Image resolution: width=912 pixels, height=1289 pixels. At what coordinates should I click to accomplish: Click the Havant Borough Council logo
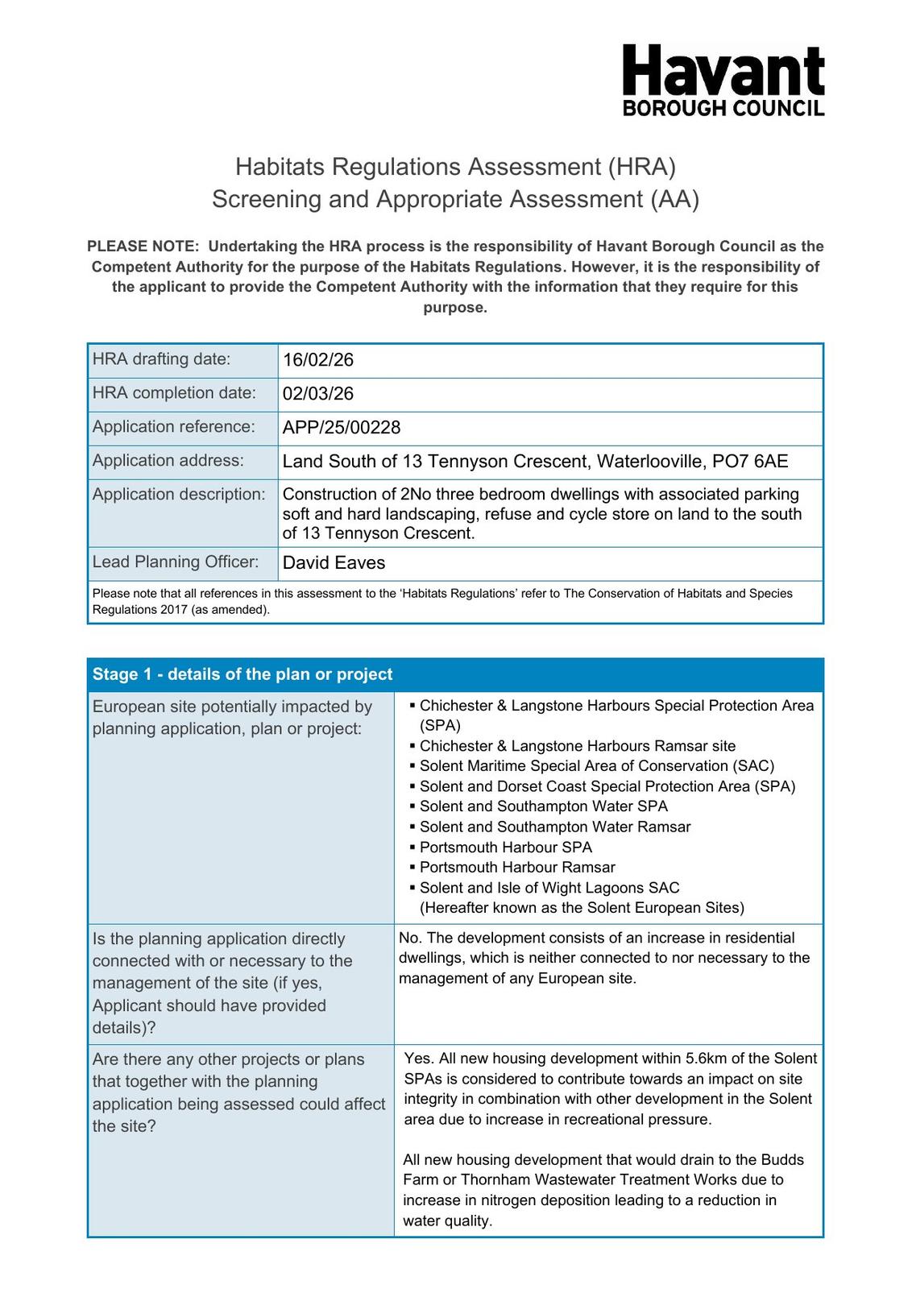point(723,81)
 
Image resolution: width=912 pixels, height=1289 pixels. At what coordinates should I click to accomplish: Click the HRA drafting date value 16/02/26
point(318,360)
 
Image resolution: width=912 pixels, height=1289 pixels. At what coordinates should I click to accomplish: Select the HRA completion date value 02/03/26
point(318,394)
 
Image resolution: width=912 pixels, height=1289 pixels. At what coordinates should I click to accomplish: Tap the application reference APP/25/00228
point(342,427)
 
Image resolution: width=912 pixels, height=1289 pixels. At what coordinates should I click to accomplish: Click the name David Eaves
point(334,563)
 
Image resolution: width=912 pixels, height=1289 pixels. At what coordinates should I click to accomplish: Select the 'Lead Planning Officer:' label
point(176,562)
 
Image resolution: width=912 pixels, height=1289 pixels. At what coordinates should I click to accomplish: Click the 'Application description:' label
point(179,495)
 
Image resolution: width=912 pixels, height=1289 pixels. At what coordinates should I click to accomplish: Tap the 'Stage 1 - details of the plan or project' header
point(243,674)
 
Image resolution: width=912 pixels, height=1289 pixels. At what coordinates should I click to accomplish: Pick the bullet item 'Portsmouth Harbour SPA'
point(505,848)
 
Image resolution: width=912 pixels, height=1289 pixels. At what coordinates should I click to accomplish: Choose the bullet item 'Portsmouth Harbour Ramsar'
point(517,868)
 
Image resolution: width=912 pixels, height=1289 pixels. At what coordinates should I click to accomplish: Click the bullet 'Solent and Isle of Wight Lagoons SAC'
point(549,888)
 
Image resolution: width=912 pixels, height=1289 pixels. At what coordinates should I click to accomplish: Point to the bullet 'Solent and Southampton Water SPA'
point(543,806)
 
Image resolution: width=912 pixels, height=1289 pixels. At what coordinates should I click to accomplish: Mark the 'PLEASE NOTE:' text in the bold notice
point(143,247)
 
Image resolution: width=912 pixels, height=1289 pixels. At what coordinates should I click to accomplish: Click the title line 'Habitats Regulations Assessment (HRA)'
point(455,167)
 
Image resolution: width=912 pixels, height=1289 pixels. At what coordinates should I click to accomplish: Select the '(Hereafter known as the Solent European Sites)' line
point(582,908)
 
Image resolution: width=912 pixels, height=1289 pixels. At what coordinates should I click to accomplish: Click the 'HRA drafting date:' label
point(161,359)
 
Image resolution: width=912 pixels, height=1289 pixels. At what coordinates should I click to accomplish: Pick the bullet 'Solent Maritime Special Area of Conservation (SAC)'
point(596,766)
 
